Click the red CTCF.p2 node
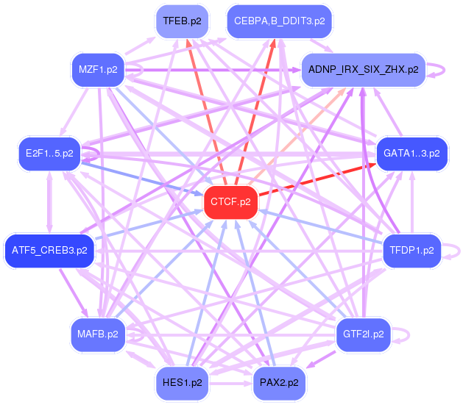230,201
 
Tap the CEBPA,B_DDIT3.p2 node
280,21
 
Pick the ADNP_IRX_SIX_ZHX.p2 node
364,70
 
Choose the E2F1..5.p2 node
49,154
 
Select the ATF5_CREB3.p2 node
49,251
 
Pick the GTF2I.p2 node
364,334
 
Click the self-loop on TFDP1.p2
456,251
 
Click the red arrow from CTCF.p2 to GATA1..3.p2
317,179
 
